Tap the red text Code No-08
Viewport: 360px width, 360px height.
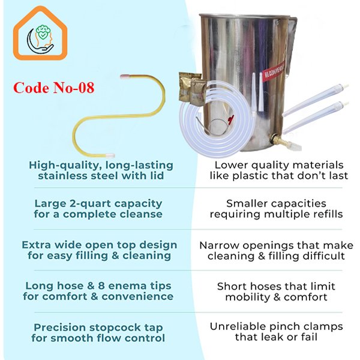pos(54,88)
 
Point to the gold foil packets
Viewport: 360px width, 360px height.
pos(190,89)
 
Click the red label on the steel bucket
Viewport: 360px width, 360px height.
pos(274,72)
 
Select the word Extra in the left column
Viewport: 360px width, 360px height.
pos(36,245)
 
